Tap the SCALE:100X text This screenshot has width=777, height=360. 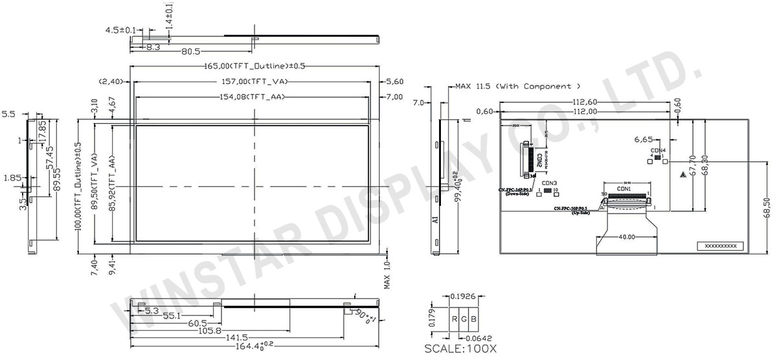(460, 348)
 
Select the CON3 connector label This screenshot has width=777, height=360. (550, 183)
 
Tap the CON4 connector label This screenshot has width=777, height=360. (658, 150)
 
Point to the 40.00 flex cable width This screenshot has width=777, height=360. (626, 237)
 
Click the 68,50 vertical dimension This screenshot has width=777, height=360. (767, 208)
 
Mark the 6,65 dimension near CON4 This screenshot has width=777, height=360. (644, 139)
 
